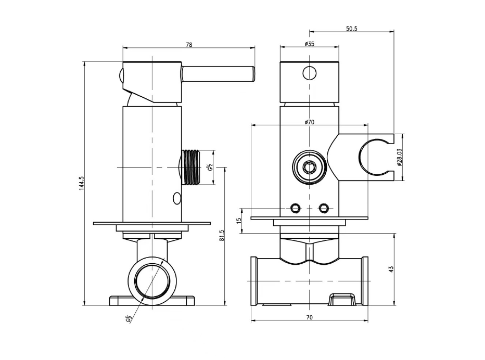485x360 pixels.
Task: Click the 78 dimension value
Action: click(x=188, y=45)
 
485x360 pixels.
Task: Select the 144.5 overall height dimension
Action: click(x=82, y=183)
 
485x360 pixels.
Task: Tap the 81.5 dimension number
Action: click(x=222, y=235)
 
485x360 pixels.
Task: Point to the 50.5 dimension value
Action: click(x=351, y=29)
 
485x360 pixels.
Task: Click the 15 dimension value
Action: click(x=239, y=221)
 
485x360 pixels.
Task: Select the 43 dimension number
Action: click(x=391, y=268)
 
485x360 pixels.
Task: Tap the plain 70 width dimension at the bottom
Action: click(x=309, y=317)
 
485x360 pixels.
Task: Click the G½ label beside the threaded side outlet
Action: click(x=210, y=167)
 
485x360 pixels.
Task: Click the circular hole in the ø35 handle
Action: click(x=309, y=72)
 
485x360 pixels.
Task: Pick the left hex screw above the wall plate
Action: click(x=295, y=208)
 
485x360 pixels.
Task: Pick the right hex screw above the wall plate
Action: click(x=324, y=208)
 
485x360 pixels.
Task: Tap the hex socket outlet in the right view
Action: click(x=309, y=167)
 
